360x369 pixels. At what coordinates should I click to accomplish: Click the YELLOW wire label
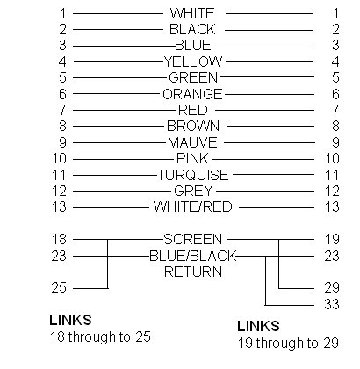pos(193,61)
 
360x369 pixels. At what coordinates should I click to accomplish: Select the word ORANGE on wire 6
pos(192,94)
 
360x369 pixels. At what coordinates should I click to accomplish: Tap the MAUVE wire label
pos(192,142)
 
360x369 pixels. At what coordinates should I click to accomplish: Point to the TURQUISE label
pos(193,175)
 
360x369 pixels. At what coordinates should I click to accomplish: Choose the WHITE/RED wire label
pos(193,206)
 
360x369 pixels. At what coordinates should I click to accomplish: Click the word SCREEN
pos(192,239)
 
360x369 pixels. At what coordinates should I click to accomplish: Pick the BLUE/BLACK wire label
pos(193,256)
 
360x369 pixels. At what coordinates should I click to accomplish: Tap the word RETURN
pos(193,271)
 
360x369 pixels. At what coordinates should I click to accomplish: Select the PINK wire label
pos(192,159)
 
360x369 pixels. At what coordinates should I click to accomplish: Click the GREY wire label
pos(193,191)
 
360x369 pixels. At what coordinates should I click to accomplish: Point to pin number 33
pos(332,304)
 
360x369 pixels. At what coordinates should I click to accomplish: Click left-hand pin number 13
pos(59,206)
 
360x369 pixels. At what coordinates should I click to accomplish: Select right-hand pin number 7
pos(335,110)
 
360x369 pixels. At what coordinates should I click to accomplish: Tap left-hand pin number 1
pos(63,13)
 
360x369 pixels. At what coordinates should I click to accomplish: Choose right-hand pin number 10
pos(332,158)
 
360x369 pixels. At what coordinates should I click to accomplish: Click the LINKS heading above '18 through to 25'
pos(70,320)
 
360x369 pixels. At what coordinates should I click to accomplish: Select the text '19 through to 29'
pos(288,343)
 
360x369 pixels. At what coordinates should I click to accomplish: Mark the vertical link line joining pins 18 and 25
pos(107,264)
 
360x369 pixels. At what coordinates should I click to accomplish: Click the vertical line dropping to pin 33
pos(265,280)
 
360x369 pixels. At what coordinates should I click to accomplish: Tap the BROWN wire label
pos(193,127)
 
